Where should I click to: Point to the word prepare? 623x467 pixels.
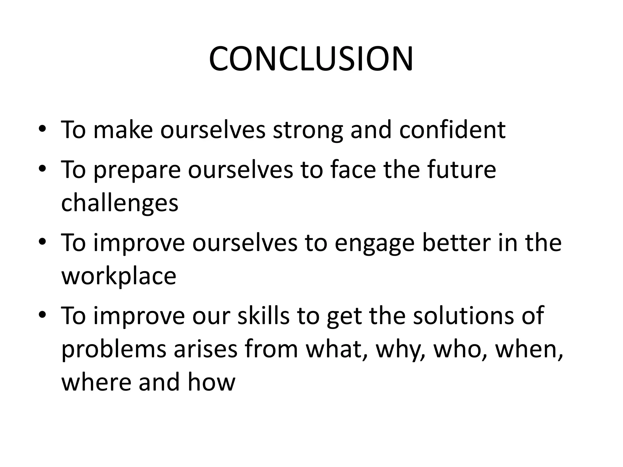click(137, 170)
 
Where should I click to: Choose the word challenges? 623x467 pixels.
click(120, 203)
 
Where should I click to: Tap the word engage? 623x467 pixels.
click(374, 243)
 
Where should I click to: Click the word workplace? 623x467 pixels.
click(119, 276)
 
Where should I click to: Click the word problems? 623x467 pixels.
click(114, 350)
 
